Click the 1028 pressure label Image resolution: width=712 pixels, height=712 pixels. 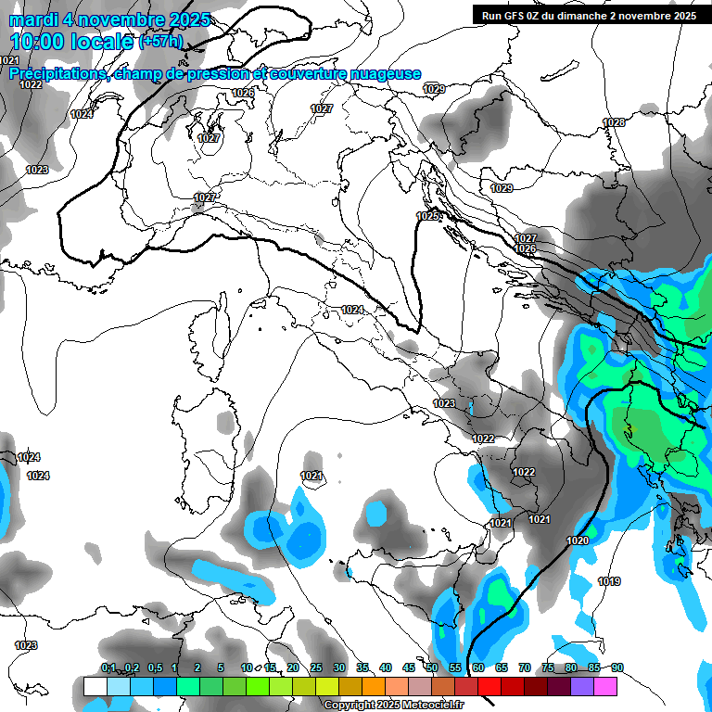point(614,123)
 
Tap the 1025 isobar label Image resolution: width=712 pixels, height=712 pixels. point(427,216)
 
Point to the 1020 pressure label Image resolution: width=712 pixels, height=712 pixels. point(578,540)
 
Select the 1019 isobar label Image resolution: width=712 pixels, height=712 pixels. point(609,581)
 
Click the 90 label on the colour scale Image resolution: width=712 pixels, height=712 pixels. point(617,668)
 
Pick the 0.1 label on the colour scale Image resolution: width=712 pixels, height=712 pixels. point(108,668)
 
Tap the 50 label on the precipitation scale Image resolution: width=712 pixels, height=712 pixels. point(432,668)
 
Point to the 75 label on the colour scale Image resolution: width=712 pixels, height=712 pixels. point(548,668)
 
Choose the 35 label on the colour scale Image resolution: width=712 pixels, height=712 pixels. point(362,668)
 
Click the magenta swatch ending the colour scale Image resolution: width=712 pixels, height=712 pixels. point(605,686)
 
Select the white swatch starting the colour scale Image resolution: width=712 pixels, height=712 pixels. point(95,686)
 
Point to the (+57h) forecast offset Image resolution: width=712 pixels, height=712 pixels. point(160,43)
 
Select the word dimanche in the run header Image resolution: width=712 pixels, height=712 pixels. point(584,16)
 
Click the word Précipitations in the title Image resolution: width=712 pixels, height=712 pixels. point(60,74)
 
